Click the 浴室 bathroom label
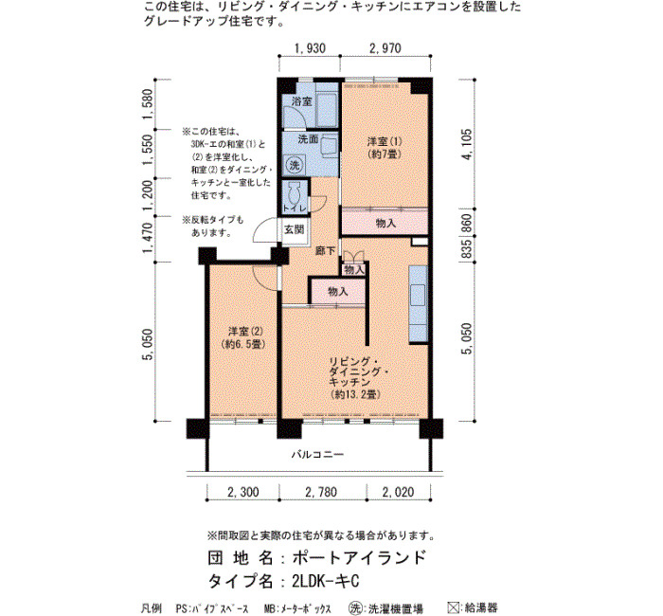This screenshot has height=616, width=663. (302, 101)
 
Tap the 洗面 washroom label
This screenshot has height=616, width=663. (308, 138)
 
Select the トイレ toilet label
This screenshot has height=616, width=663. (295, 208)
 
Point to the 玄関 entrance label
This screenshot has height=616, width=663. (294, 229)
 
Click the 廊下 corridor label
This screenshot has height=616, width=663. (325, 250)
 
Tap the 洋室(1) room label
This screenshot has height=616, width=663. (384, 141)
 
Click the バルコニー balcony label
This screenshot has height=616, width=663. (317, 454)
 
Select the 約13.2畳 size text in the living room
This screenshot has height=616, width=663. (356, 394)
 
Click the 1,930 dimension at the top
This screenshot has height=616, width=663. (310, 48)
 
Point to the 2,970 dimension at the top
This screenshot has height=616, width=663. (385, 48)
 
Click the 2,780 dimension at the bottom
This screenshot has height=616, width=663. (321, 492)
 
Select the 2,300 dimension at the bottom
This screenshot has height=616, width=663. (243, 492)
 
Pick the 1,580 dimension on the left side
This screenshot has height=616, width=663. (148, 104)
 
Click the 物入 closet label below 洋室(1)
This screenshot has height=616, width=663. (385, 223)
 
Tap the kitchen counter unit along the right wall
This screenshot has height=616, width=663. (419, 304)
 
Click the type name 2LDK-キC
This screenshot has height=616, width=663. (326, 581)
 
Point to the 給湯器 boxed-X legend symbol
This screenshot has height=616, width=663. (454, 607)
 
